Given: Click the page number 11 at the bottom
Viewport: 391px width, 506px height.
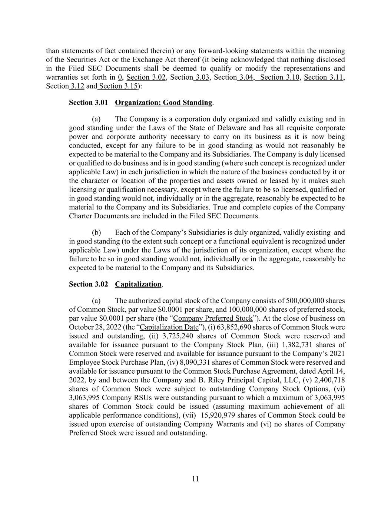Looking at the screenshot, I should click(195, 479).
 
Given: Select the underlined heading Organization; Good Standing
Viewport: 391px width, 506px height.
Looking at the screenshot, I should click(163, 102).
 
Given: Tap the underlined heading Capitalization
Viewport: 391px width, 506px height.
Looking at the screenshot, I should click(138, 284).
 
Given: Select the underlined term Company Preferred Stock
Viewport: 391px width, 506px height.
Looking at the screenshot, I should click(213, 318).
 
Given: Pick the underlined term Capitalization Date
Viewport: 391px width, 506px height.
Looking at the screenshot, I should click(169, 327).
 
